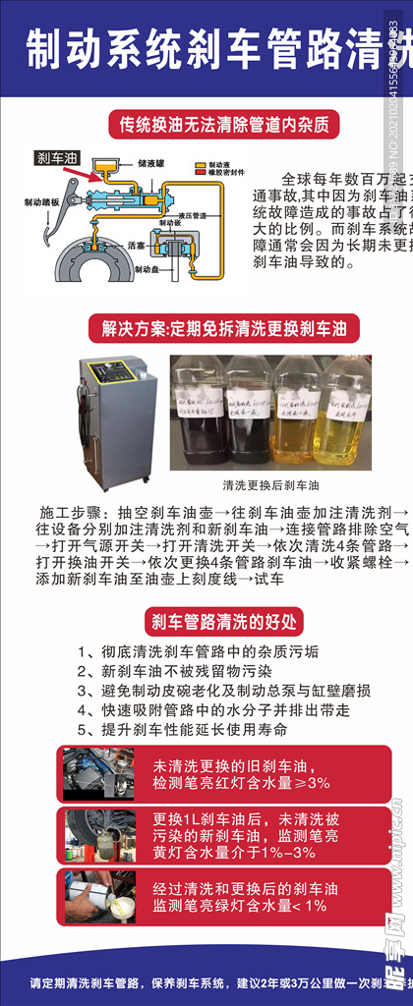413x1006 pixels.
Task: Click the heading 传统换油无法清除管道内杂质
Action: tap(215, 125)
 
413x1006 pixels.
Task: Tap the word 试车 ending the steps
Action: tap(269, 579)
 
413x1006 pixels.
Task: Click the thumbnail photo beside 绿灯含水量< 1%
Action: tap(97, 896)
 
